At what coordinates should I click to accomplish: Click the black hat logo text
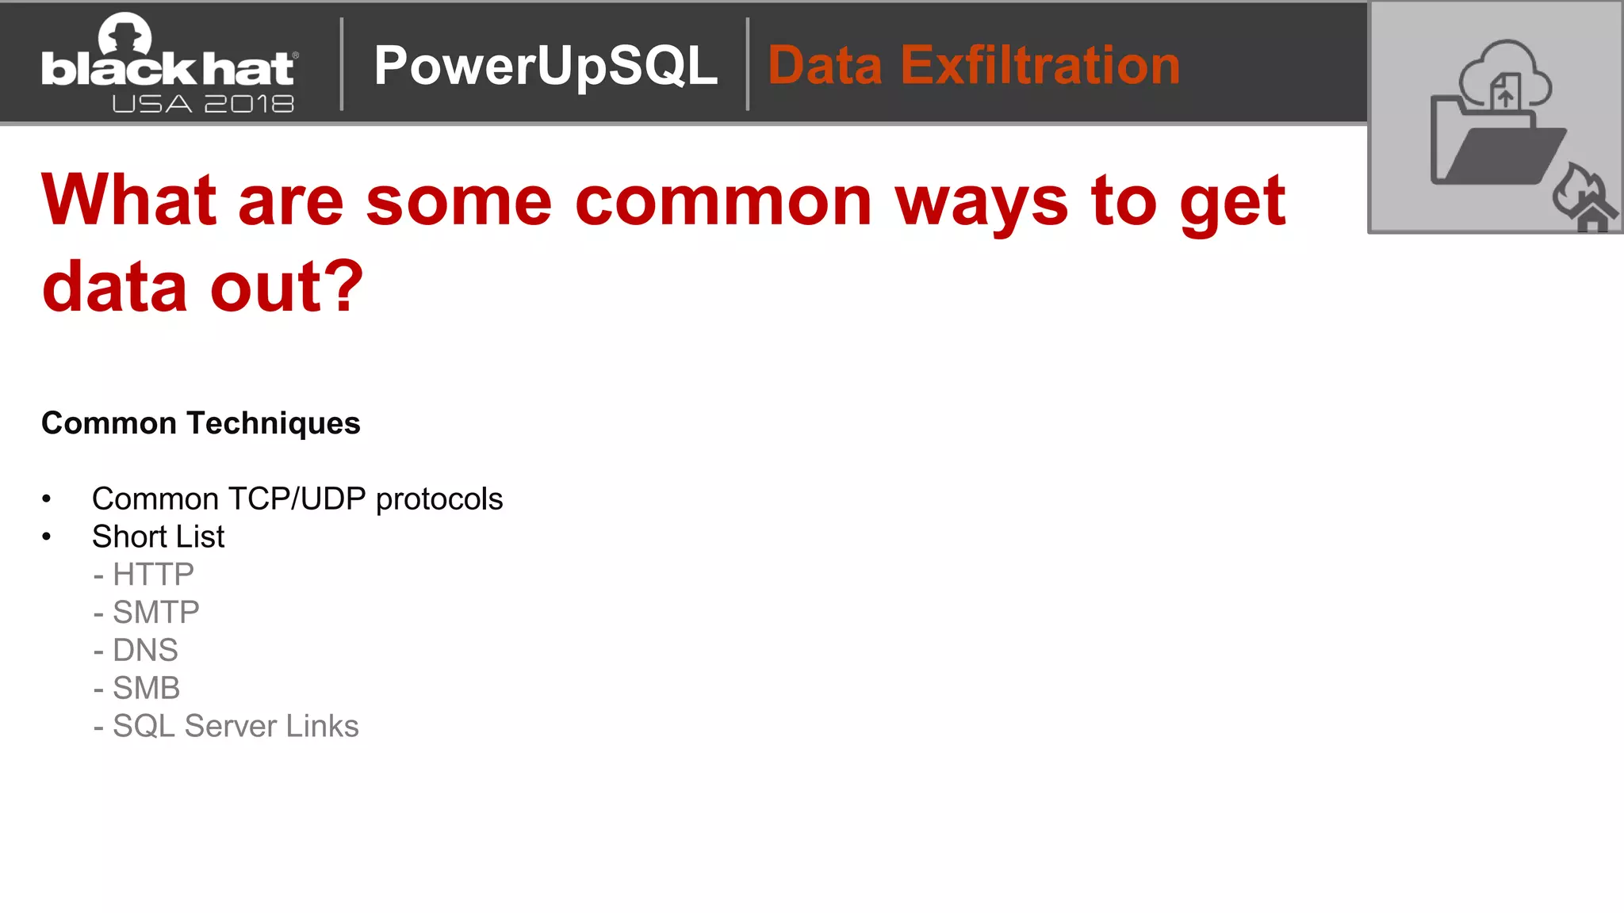tap(168, 70)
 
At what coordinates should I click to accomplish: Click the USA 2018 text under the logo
tap(203, 104)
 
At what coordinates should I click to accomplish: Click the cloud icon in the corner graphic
tap(1504, 73)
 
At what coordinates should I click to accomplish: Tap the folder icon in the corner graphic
tap(1491, 147)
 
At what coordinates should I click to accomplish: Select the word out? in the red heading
tap(286, 287)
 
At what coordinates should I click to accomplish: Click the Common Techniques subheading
tap(201, 423)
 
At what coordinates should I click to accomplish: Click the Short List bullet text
tap(158, 537)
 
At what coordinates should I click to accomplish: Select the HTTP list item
tap(153, 574)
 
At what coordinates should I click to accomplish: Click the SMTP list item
tap(155, 612)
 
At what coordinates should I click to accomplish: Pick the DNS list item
tap(145, 650)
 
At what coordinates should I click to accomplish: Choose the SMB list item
tap(146, 688)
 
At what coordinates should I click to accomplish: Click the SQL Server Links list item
tap(236, 726)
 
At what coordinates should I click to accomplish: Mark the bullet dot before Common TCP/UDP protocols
tap(47, 499)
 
